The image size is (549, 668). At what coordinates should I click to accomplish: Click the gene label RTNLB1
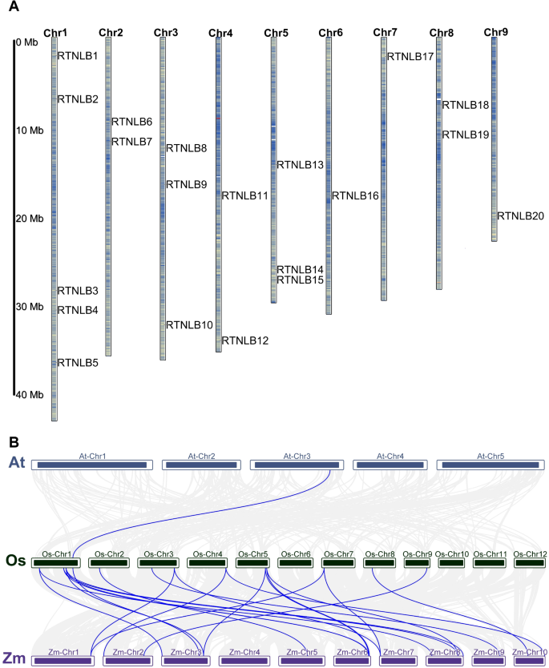(78, 56)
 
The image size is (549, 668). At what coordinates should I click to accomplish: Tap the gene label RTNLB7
(131, 142)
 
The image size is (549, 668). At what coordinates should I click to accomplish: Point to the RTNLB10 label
(189, 325)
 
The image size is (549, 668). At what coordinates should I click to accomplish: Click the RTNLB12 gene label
(245, 340)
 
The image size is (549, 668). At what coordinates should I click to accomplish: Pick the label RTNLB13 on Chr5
(300, 165)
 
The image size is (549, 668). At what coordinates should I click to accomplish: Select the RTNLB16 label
(355, 195)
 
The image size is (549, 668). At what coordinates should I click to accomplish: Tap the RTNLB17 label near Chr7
(410, 57)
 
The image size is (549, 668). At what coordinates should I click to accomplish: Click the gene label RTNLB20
(521, 215)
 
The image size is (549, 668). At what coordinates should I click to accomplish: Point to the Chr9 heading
(495, 32)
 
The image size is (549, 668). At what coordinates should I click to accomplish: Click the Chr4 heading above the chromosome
(220, 33)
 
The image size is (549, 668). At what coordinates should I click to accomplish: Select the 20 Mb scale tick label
(29, 219)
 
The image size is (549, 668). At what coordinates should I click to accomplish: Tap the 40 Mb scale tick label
(29, 395)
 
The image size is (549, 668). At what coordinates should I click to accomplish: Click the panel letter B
(14, 441)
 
